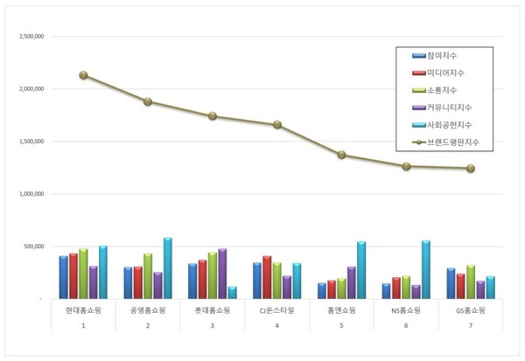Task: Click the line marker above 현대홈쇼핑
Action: click(83, 75)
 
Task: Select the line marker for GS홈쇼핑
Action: click(472, 168)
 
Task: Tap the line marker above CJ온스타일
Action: click(277, 124)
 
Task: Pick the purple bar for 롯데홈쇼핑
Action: click(221, 274)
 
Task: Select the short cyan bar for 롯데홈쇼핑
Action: click(233, 292)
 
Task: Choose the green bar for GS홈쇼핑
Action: click(471, 281)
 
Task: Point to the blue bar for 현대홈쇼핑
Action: click(64, 276)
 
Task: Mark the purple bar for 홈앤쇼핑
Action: click(351, 282)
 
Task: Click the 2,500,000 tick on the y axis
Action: click(31, 38)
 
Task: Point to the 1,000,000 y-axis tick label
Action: click(31, 195)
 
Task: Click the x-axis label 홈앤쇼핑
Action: click(342, 309)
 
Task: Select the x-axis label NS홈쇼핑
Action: click(407, 309)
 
